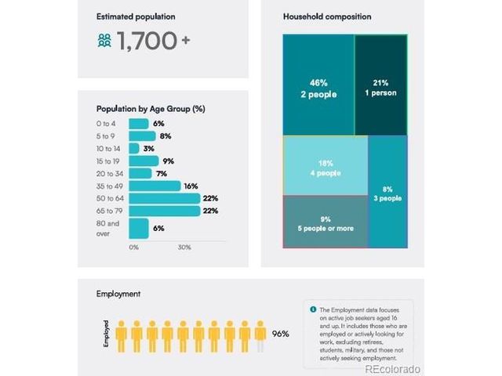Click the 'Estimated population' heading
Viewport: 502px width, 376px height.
pyautogui.click(x=136, y=16)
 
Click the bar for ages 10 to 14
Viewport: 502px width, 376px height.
pyautogui.click(x=134, y=149)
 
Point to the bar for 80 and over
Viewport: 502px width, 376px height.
pyautogui.click(x=139, y=228)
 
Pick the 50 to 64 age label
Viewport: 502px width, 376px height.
pyautogui.click(x=108, y=199)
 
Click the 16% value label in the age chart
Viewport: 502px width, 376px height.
pyautogui.click(x=190, y=186)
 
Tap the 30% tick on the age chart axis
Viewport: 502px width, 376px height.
pyautogui.click(x=184, y=248)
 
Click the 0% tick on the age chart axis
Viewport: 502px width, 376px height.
pyautogui.click(x=133, y=248)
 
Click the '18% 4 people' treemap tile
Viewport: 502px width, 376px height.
pyautogui.click(x=325, y=165)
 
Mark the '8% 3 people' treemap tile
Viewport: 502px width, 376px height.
pyautogui.click(x=387, y=192)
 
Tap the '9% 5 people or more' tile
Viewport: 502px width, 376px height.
pyautogui.click(x=325, y=222)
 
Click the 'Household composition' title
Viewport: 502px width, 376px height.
pyautogui.click(x=327, y=16)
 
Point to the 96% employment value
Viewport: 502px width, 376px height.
pyautogui.click(x=280, y=334)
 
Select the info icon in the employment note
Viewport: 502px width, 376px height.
pyautogui.click(x=313, y=309)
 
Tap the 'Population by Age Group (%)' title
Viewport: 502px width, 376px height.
pyautogui.click(x=151, y=109)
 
